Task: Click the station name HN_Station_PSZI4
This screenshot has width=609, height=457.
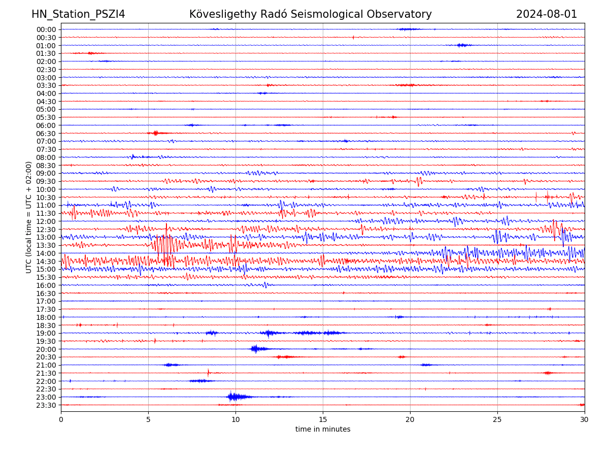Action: (x=78, y=14)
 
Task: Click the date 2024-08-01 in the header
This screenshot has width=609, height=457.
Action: (x=547, y=14)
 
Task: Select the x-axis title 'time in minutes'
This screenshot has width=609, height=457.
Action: (x=323, y=430)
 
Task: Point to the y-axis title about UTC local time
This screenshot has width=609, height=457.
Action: (x=29, y=217)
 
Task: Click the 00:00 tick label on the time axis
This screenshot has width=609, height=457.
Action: (x=46, y=29)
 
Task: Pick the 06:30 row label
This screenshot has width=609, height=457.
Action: (x=46, y=133)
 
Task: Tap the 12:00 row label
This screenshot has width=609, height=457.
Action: (x=46, y=221)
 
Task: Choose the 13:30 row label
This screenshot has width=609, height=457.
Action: (x=46, y=245)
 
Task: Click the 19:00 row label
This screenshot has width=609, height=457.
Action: (x=46, y=333)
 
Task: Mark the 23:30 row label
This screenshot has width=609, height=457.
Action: (x=46, y=405)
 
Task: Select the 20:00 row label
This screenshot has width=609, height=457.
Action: (x=46, y=349)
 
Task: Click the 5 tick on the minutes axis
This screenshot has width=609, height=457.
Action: (x=148, y=419)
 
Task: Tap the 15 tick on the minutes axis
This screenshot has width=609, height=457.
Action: (x=323, y=419)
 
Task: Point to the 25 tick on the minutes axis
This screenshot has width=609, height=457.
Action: (x=497, y=419)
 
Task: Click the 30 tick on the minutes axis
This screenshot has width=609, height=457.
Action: (x=585, y=419)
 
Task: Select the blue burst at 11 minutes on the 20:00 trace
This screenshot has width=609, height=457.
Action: (x=256, y=349)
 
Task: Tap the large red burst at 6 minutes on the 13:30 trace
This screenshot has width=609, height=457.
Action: (x=165, y=245)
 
